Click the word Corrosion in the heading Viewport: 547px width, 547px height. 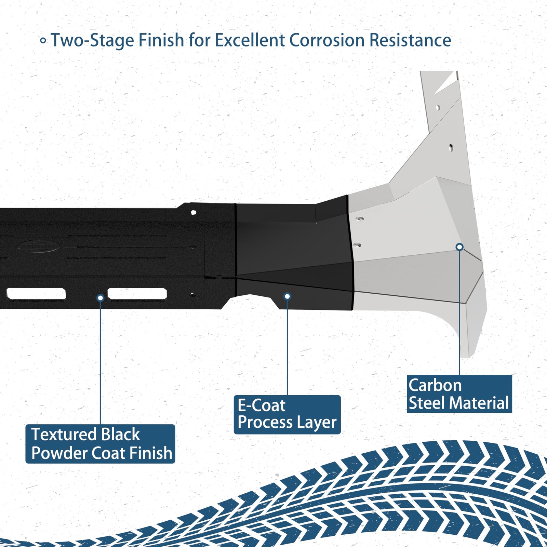326,40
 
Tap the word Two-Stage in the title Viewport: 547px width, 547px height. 93,41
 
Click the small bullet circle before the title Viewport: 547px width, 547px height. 43,41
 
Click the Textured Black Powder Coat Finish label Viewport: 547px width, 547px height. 100,444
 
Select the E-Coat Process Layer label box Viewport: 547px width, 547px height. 287,414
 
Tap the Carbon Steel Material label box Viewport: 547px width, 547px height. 459,394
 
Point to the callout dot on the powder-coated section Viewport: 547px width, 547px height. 101,298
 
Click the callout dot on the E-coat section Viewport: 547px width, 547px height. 288,296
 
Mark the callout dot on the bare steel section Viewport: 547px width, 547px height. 460,247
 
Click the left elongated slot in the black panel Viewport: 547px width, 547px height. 36,293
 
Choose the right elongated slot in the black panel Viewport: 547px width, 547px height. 137,293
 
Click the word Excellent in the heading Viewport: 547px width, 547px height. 252,40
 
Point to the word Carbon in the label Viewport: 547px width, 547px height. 435,385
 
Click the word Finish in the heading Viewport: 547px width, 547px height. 161,40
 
